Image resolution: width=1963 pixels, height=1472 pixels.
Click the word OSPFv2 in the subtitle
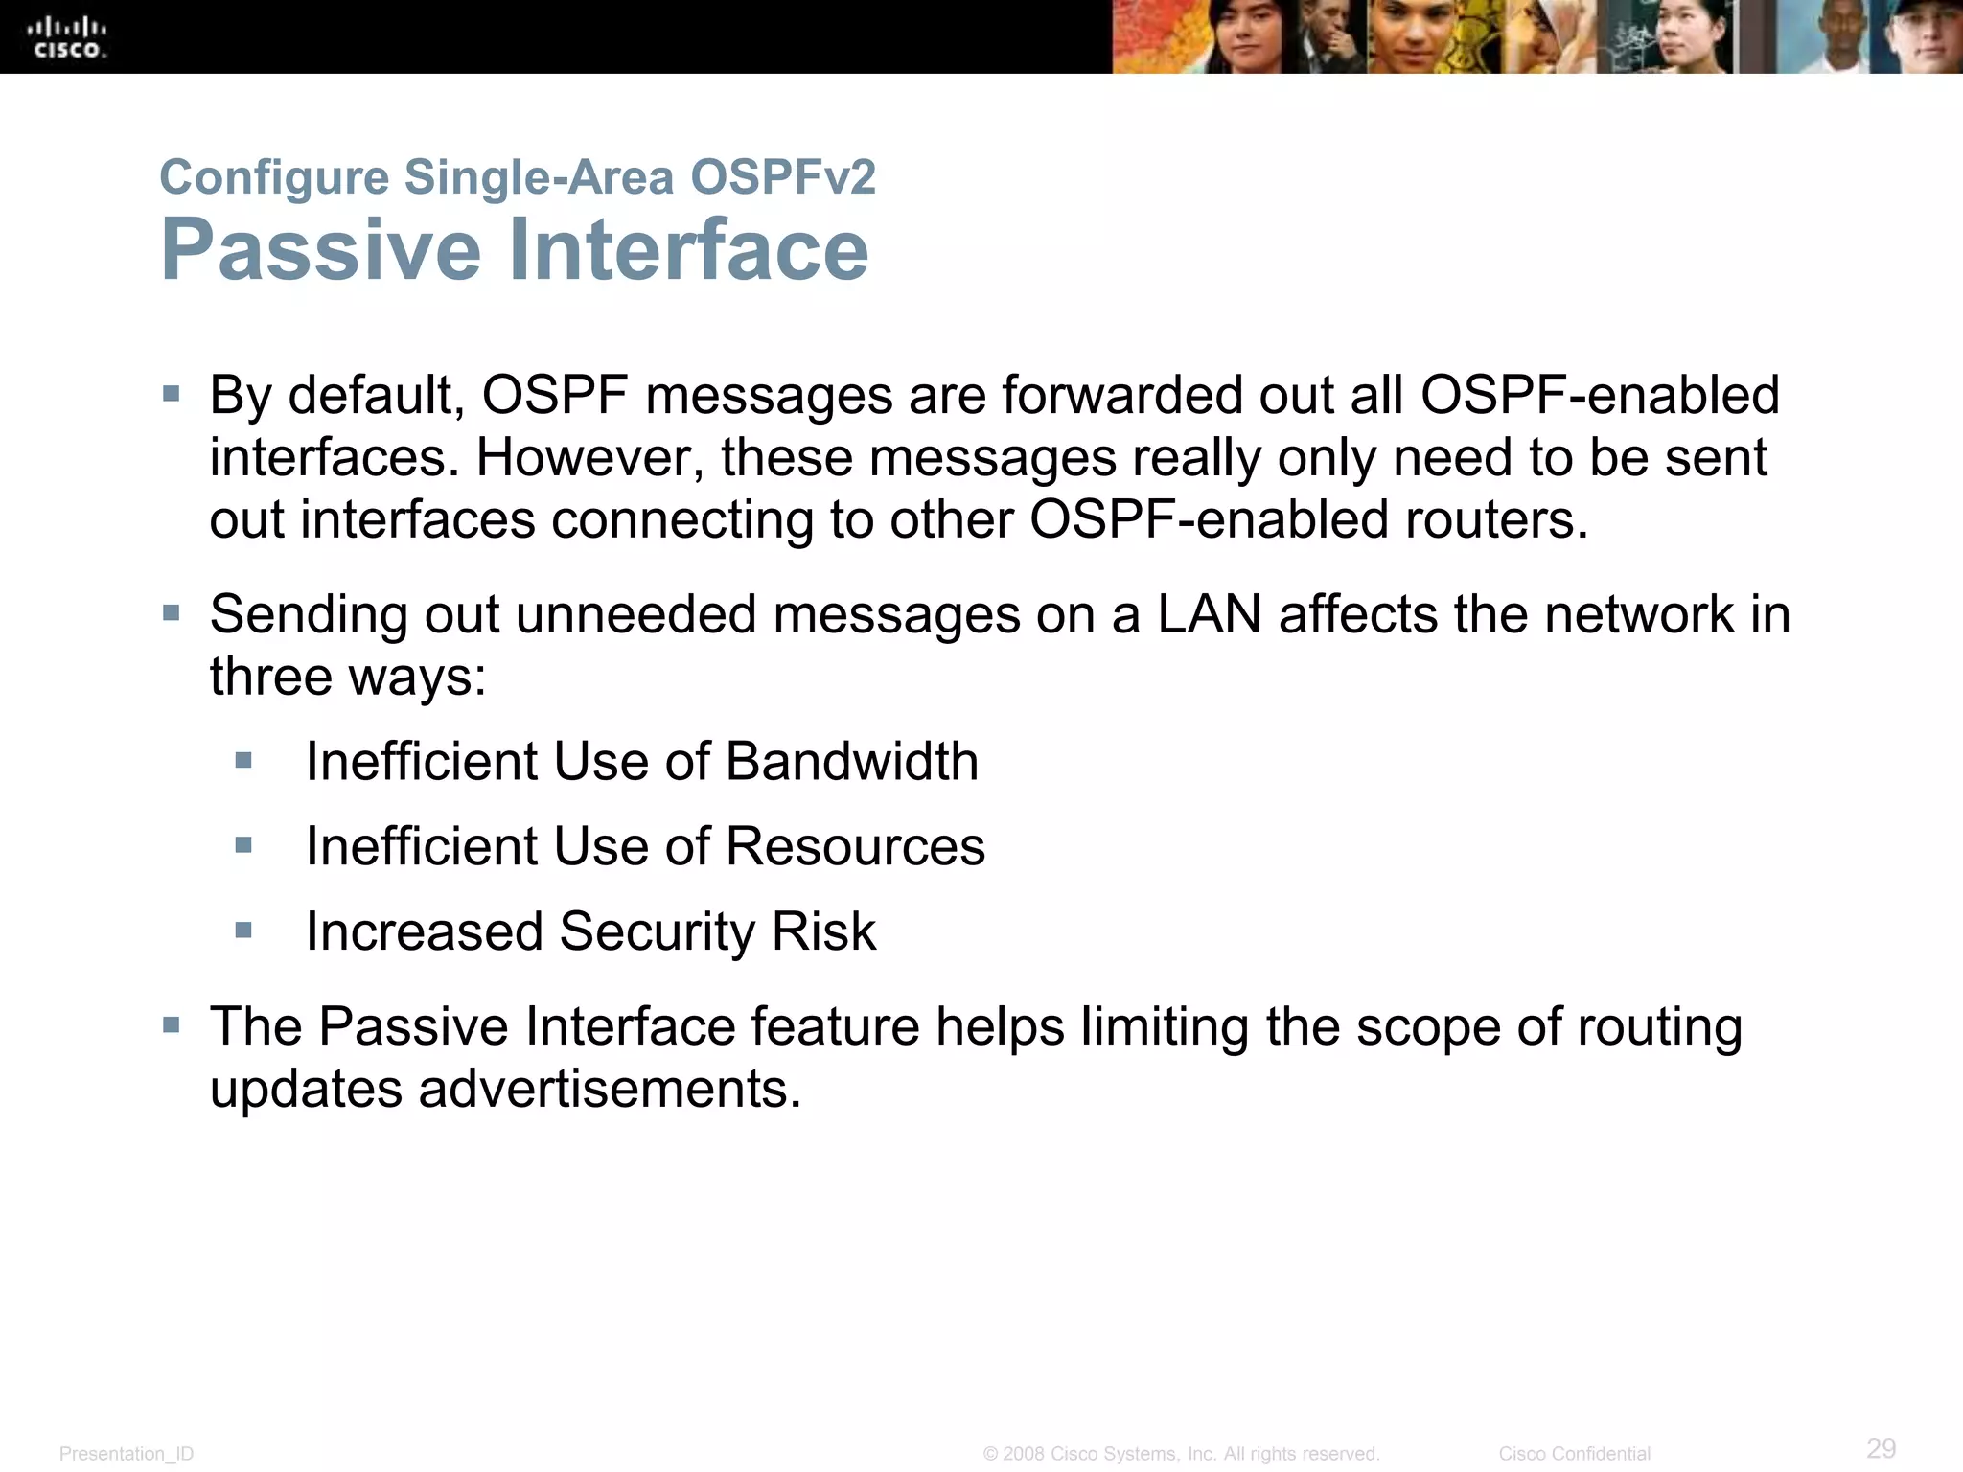pyautogui.click(x=782, y=177)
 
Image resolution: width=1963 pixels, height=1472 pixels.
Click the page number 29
pyautogui.click(x=1881, y=1448)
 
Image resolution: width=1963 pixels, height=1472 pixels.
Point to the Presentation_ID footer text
pyautogui.click(x=127, y=1454)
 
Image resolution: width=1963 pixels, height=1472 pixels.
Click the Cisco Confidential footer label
pyautogui.click(x=1574, y=1454)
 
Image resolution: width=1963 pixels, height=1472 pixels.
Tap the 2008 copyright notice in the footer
pyautogui.click(x=1181, y=1454)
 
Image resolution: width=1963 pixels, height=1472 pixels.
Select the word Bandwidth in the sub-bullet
pyautogui.click(x=851, y=762)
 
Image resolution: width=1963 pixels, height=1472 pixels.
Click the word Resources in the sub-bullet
pyautogui.click(x=855, y=847)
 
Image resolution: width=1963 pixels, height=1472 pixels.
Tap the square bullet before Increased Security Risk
pyautogui.click(x=243, y=931)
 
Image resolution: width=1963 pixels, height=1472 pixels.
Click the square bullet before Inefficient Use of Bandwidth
pyautogui.click(x=243, y=761)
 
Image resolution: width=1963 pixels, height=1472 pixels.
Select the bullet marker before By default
pyautogui.click(x=172, y=394)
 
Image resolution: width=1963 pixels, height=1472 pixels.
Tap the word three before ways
pyautogui.click(x=270, y=677)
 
